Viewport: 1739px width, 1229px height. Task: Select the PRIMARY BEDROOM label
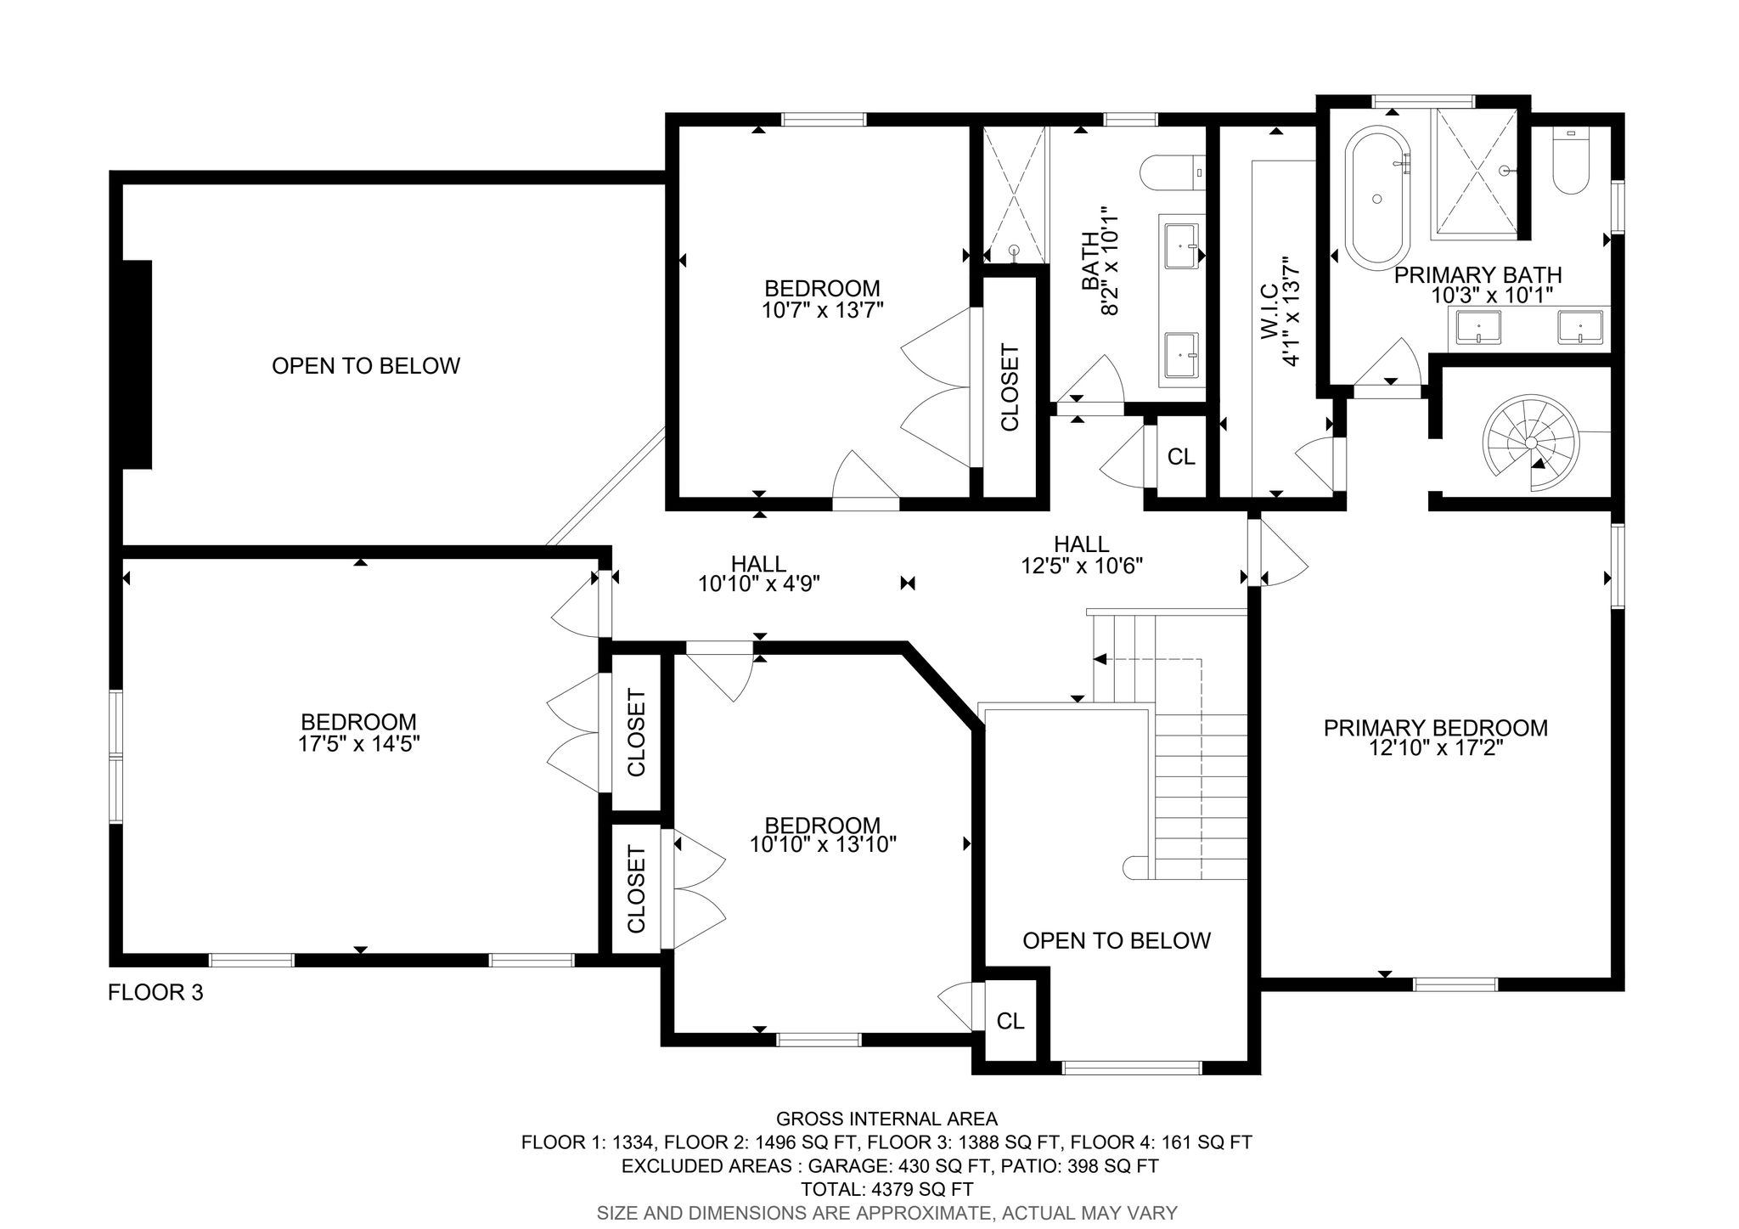tap(1435, 728)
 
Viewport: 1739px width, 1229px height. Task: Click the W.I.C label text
tap(1269, 312)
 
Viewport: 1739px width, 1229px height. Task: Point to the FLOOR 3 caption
tap(155, 992)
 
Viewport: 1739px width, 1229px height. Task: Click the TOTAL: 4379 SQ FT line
tap(886, 1189)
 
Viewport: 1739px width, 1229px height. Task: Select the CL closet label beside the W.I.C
tap(1181, 457)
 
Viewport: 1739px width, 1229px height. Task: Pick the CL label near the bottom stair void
tap(1010, 1021)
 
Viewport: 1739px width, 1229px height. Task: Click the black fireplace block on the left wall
tap(138, 364)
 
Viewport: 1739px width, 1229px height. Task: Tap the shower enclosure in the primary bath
tap(1476, 172)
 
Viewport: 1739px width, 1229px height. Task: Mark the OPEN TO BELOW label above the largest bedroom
tap(366, 366)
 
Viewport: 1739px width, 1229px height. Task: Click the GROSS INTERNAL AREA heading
tap(886, 1119)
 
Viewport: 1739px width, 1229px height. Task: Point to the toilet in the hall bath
tap(1173, 173)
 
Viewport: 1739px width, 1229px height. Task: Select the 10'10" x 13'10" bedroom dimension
tap(823, 844)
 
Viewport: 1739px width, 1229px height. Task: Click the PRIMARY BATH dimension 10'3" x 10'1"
tap(1492, 295)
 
